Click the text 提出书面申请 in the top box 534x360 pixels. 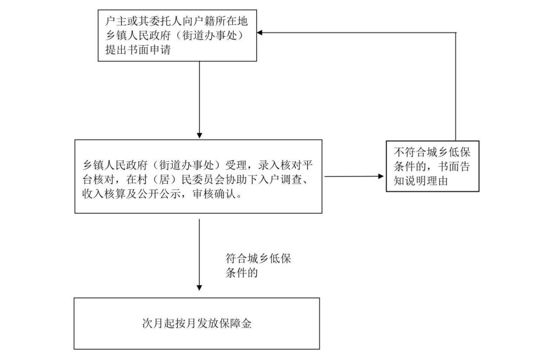coord(138,50)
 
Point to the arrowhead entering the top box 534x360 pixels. coord(260,33)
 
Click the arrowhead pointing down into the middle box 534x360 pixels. coord(199,135)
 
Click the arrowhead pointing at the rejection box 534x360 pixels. coord(381,176)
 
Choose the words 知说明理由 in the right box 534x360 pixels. coord(421,180)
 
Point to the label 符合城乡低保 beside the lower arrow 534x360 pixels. coord(258,258)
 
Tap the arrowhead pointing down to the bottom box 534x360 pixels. coord(199,288)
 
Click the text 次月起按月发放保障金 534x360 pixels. coord(197,323)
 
